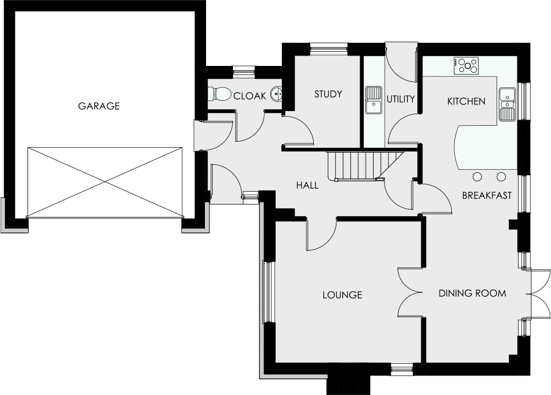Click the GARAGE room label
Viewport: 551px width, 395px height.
point(98,106)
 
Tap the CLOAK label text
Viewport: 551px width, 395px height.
point(250,96)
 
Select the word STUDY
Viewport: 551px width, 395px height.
point(328,94)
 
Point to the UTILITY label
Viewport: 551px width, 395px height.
point(401,100)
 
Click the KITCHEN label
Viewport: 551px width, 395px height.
point(467,101)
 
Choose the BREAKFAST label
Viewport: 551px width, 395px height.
point(487,195)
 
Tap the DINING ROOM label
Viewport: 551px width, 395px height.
point(472,293)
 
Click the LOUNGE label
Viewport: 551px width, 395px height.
point(342,295)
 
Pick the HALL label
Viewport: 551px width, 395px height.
point(308,185)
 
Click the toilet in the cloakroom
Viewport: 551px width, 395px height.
point(220,94)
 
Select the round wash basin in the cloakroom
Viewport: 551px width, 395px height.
point(277,94)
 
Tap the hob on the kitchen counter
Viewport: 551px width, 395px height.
point(467,66)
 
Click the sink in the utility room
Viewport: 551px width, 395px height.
point(374,100)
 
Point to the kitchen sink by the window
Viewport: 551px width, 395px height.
point(507,104)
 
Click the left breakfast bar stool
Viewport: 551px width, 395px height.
point(477,177)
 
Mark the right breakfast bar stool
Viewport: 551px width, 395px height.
point(501,177)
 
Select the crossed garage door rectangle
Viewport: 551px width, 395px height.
point(105,183)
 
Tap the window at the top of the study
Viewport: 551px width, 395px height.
point(328,49)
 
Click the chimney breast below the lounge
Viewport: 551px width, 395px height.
point(349,379)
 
